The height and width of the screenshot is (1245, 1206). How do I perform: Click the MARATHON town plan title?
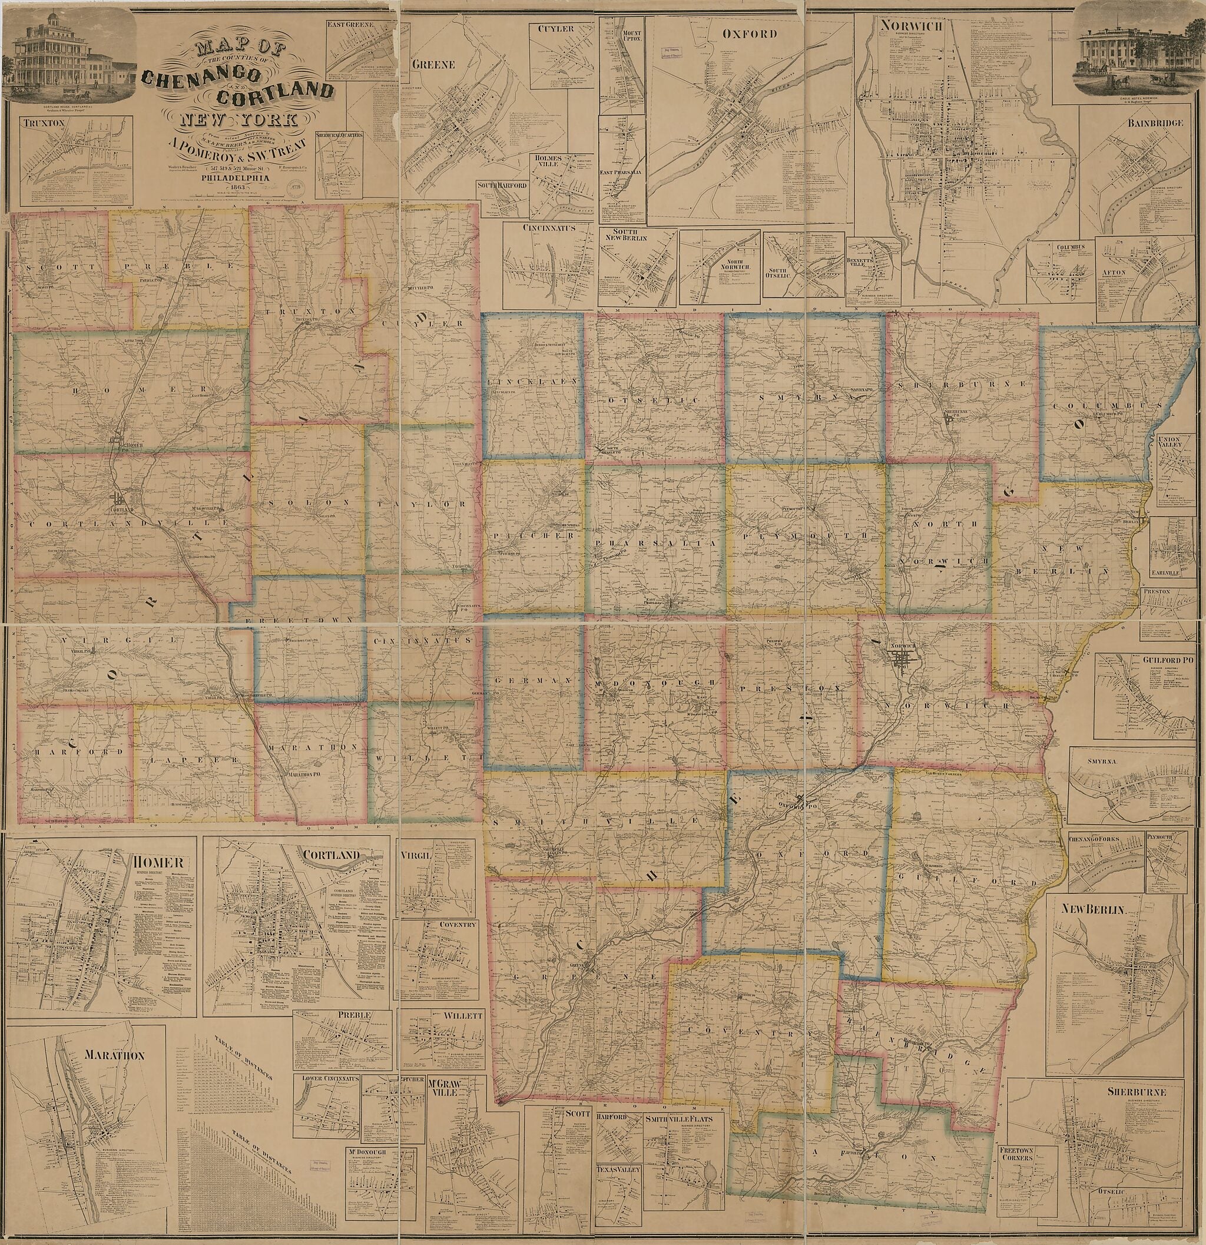coord(115,1055)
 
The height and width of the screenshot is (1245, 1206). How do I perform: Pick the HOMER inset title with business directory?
coord(159,862)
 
